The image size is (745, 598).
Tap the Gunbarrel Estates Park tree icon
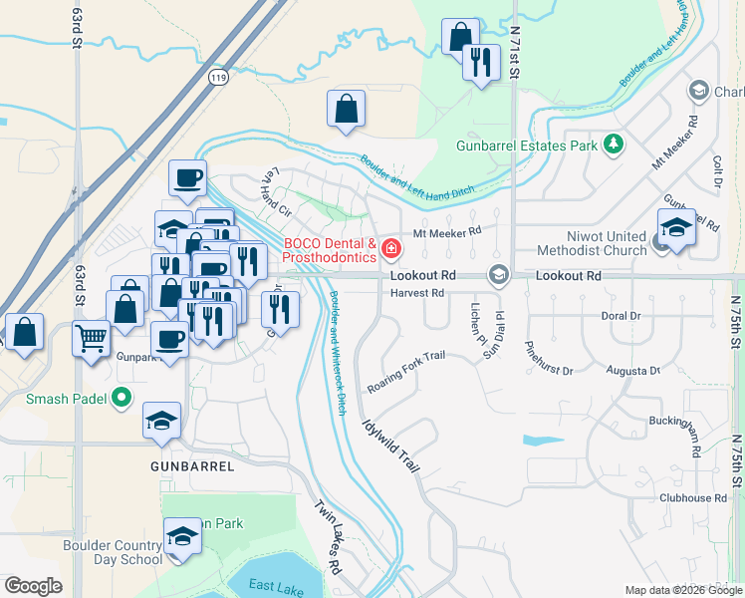click(615, 145)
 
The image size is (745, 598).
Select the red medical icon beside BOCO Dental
click(392, 246)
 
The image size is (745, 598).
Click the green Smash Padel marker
click(123, 399)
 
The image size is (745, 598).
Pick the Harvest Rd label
click(417, 293)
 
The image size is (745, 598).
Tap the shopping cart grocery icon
click(91, 338)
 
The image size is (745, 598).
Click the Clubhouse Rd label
click(692, 497)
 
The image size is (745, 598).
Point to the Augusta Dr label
click(633, 371)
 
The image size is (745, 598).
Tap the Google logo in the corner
click(33, 586)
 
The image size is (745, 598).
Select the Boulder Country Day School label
click(99, 553)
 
